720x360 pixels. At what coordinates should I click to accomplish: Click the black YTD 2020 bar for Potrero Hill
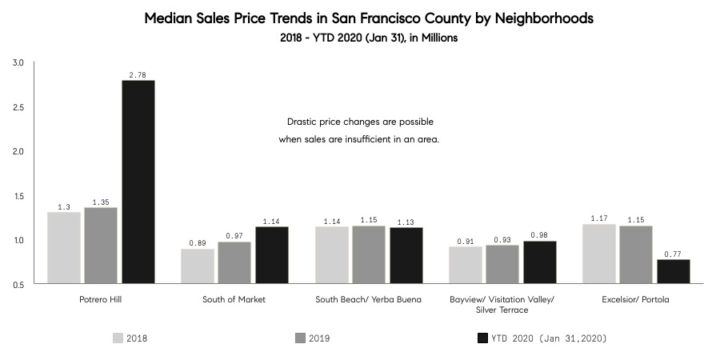pyautogui.click(x=138, y=182)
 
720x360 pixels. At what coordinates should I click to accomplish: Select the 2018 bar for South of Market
pyautogui.click(x=197, y=266)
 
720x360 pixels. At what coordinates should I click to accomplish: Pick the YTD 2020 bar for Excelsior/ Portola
pyautogui.click(x=673, y=271)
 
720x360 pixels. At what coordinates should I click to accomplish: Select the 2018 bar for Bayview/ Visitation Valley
pyautogui.click(x=465, y=265)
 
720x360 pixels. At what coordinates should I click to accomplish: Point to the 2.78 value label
pyautogui.click(x=138, y=74)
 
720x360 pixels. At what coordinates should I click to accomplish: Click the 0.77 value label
pyautogui.click(x=673, y=254)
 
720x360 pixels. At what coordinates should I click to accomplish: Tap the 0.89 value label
pyautogui.click(x=197, y=243)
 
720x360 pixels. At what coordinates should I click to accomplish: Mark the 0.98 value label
pyautogui.click(x=539, y=235)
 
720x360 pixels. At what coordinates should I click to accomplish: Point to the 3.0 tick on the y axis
pyautogui.click(x=18, y=62)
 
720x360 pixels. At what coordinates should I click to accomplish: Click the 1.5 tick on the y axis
pyautogui.click(x=18, y=196)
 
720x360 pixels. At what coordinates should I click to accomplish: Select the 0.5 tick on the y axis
pyautogui.click(x=18, y=284)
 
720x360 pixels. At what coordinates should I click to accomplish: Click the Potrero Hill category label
pyautogui.click(x=101, y=299)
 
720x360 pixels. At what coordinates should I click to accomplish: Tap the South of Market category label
pyautogui.click(x=234, y=299)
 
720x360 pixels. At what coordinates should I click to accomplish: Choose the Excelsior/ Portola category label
pyautogui.click(x=636, y=299)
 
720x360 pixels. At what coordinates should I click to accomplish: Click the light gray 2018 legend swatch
pyautogui.click(x=118, y=338)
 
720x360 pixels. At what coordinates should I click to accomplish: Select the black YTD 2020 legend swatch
pyautogui.click(x=482, y=338)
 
